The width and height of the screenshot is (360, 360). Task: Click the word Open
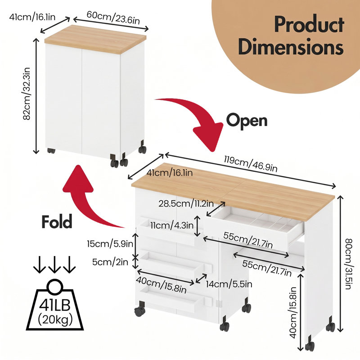click(x=247, y=120)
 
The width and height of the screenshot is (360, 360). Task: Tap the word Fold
click(x=57, y=221)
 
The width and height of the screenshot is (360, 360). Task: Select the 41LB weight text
click(x=54, y=305)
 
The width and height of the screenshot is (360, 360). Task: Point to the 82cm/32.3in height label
click(x=27, y=94)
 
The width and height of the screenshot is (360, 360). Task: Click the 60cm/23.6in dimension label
click(x=113, y=18)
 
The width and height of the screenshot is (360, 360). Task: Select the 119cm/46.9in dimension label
click(x=251, y=164)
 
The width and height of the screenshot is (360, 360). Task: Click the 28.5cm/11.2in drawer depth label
click(x=186, y=203)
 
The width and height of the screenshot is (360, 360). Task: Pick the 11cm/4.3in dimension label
click(x=172, y=225)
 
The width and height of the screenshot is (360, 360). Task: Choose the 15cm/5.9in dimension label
click(x=110, y=243)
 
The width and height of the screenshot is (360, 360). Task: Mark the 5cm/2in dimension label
click(x=110, y=262)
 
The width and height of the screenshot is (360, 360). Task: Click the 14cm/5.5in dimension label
click(x=229, y=284)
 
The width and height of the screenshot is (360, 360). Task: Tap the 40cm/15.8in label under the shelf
click(x=293, y=312)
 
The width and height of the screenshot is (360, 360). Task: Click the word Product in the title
click(x=309, y=25)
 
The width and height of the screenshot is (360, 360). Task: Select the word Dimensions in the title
click(x=291, y=47)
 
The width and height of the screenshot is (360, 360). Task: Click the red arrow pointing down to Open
click(x=198, y=115)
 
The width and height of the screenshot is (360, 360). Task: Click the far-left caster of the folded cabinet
click(x=51, y=151)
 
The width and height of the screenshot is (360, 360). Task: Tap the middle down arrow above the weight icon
click(x=54, y=265)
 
